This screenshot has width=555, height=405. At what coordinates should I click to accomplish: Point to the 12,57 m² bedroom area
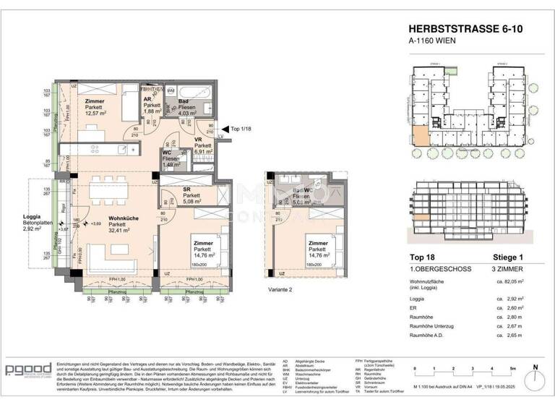coord(95,112)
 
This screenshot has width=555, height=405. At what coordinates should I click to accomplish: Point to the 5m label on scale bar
coord(512,368)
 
